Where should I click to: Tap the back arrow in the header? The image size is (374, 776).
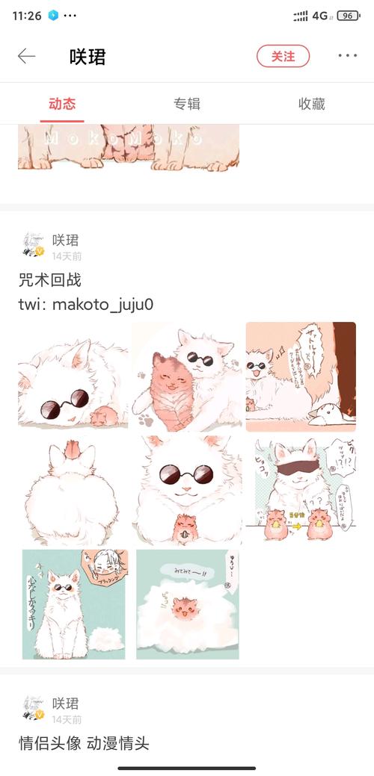[x=27, y=56]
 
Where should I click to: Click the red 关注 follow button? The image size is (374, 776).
[x=283, y=56]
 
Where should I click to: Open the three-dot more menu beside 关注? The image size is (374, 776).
[x=347, y=56]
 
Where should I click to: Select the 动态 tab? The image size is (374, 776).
[x=62, y=104]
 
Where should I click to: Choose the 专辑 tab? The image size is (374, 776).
[x=187, y=104]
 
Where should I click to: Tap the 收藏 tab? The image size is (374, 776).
[x=311, y=104]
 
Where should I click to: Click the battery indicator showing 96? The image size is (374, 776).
[x=348, y=16]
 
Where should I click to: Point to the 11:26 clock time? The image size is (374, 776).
[x=27, y=16]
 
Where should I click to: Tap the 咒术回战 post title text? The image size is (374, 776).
[x=49, y=281]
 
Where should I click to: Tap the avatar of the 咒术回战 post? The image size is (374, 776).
[x=33, y=245]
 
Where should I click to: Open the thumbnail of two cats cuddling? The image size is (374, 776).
[x=187, y=376]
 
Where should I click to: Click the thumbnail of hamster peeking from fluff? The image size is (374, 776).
[x=187, y=604]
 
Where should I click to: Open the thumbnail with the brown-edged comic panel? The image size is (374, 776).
[x=301, y=376]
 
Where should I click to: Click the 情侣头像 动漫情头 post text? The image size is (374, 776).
[x=84, y=743]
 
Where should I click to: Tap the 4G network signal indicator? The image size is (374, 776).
[x=320, y=16]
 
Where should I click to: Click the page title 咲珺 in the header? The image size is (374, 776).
[x=88, y=56]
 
